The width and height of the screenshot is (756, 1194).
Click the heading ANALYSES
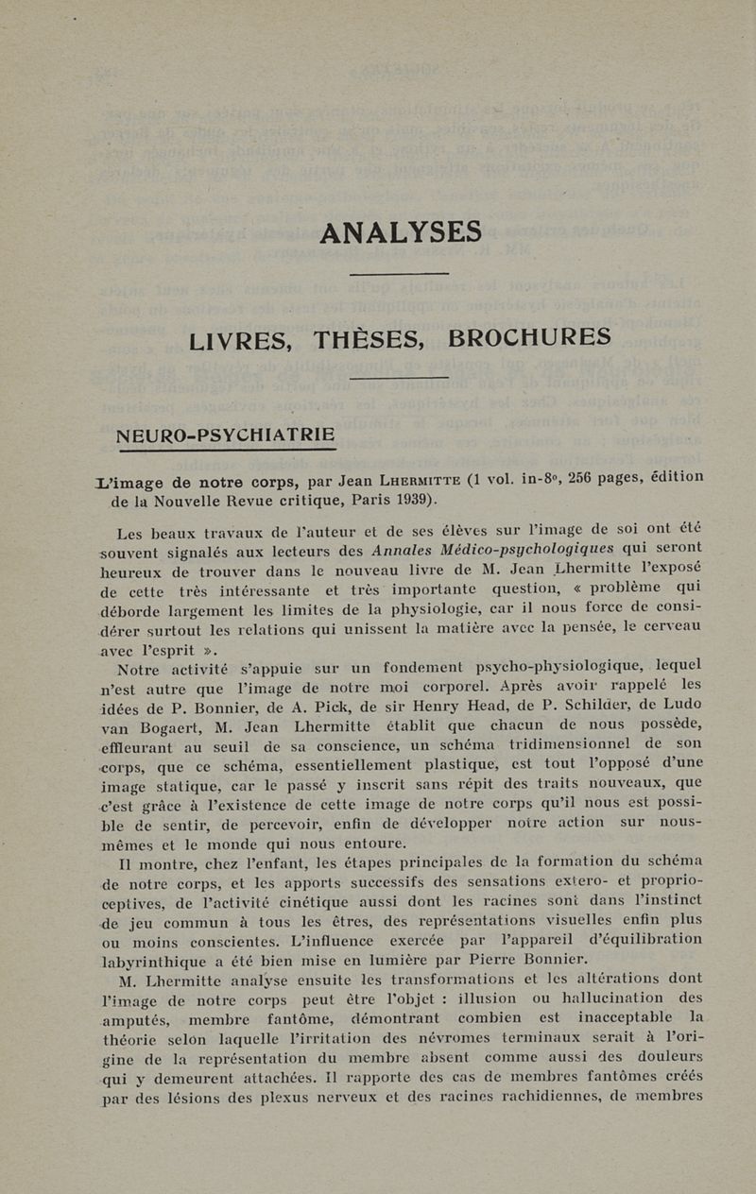pos(401,231)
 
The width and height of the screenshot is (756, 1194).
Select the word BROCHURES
pos(529,336)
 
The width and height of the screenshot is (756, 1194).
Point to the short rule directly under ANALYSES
pos(399,274)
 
